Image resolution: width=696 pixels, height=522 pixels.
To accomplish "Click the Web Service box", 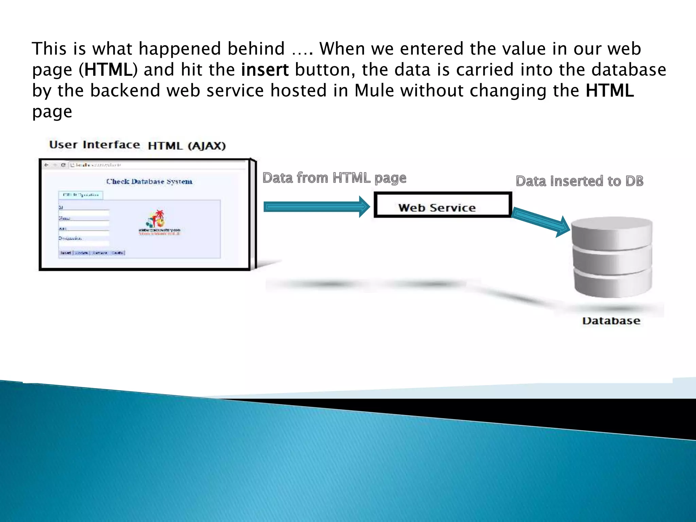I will point(442,205).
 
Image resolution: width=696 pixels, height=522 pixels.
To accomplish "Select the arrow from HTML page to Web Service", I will point(316,207).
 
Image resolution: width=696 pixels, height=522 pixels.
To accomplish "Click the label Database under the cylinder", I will point(611,321).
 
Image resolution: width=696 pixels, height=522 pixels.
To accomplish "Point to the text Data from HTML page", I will point(334,178).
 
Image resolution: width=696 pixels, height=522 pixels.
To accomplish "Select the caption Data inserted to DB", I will point(579,181).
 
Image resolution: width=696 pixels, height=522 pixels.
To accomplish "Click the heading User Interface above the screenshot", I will point(94,145).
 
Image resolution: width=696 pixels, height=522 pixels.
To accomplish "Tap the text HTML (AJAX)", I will point(187,146).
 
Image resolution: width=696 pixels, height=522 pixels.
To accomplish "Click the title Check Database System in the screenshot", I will point(149,181).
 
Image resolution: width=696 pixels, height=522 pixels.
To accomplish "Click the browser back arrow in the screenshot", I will point(47,165).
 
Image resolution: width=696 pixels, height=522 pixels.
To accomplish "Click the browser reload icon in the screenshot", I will point(63,165).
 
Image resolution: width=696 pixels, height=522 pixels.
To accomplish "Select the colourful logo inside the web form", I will point(156,219).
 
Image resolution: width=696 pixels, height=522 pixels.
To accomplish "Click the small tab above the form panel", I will point(81,195).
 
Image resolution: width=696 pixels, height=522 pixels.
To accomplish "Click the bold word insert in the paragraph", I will point(265,70).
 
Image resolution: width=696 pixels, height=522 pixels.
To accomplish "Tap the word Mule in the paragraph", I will point(374,91).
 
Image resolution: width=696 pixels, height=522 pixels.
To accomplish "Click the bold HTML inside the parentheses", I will point(108,70).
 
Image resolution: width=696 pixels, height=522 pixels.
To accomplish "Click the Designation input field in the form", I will point(84,243).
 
